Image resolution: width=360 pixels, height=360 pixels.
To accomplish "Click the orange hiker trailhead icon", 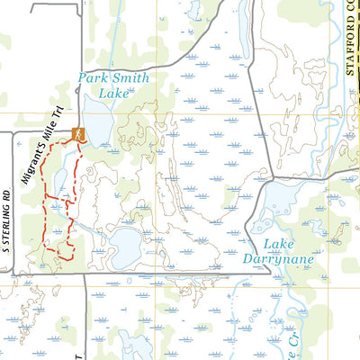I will (78, 133).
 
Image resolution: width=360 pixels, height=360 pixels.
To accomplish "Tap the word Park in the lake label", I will (94, 78).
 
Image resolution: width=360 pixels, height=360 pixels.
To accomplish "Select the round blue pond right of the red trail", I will (124, 243).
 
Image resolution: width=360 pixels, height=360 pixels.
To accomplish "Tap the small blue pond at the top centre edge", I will (194, 9).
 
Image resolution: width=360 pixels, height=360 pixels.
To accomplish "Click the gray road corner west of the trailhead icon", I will (13, 133).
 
